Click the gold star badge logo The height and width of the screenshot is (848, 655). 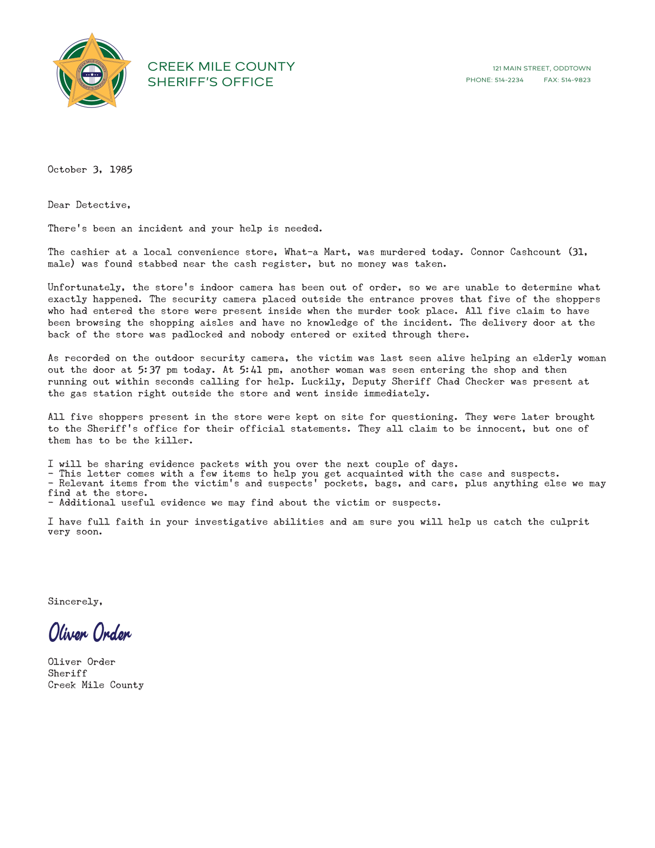pyautogui.click(x=92, y=71)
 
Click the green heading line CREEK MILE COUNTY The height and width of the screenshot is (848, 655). pyautogui.click(x=221, y=67)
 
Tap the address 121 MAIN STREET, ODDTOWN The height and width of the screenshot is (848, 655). pyautogui.click(x=541, y=68)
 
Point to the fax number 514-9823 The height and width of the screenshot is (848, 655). pyautogui.click(x=576, y=80)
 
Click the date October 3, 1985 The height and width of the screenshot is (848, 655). pyautogui.click(x=90, y=170)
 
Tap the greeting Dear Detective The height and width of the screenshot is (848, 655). pyautogui.click(x=89, y=205)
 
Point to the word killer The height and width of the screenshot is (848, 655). pyautogui.click(x=167, y=441)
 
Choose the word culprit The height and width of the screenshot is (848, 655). pyautogui.click(x=570, y=522)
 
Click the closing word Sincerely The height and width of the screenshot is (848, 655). pyautogui.click(x=75, y=602)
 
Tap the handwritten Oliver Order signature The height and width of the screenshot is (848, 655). pyautogui.click(x=90, y=633)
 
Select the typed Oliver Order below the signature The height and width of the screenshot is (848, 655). pyautogui.click(x=82, y=662)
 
